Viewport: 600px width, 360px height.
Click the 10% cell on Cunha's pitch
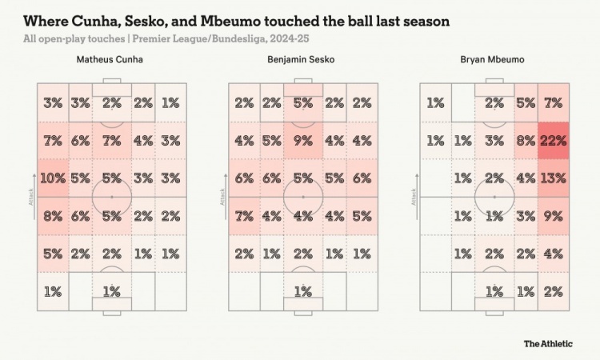pyautogui.click(x=53, y=178)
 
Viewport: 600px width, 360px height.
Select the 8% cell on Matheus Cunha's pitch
pyautogui.click(x=53, y=215)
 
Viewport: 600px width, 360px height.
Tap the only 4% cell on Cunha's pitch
pyautogui.click(x=144, y=141)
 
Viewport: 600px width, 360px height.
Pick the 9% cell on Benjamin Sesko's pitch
pyautogui.click(x=303, y=141)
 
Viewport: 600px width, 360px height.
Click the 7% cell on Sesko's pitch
pyautogui.click(x=245, y=215)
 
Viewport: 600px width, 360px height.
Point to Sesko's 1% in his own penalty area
pyautogui.click(x=303, y=291)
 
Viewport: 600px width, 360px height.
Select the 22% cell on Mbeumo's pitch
pyautogui.click(x=553, y=141)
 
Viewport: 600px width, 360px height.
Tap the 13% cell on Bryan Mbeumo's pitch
pyautogui.click(x=553, y=178)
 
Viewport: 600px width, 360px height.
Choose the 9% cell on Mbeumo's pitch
pyautogui.click(x=553, y=215)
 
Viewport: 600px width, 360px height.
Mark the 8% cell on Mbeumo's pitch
pyautogui.click(x=526, y=141)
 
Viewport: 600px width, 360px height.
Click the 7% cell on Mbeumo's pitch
pyautogui.click(x=553, y=103)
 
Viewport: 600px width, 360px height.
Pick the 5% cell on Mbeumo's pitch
pyautogui.click(x=526, y=103)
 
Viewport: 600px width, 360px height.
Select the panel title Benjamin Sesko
pyautogui.click(x=303, y=60)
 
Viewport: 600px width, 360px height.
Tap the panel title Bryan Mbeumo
pyautogui.click(x=494, y=60)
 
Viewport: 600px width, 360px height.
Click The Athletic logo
pyautogui.click(x=548, y=343)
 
